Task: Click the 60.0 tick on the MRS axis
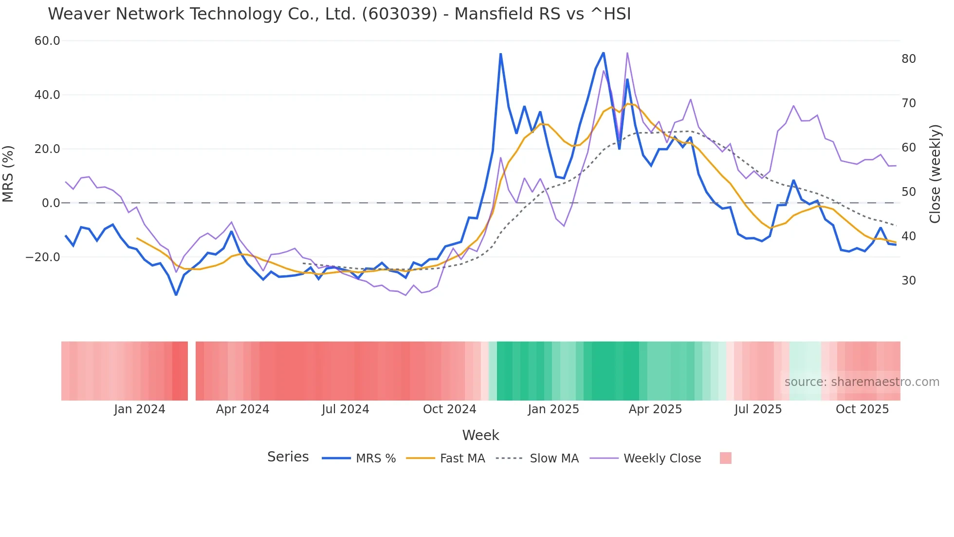click(47, 41)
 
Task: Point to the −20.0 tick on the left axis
click(43, 257)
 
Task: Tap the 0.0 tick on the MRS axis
click(51, 203)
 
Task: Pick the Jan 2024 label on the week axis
click(140, 409)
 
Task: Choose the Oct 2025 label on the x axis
click(862, 409)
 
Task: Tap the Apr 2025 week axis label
click(655, 409)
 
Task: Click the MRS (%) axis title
click(8, 173)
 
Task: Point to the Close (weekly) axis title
click(935, 174)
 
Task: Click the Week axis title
click(480, 435)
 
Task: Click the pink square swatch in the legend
click(725, 458)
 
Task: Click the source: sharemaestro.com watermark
click(862, 382)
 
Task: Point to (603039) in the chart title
click(399, 14)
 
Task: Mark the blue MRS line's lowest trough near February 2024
click(176, 295)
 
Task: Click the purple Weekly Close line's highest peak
click(627, 53)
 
